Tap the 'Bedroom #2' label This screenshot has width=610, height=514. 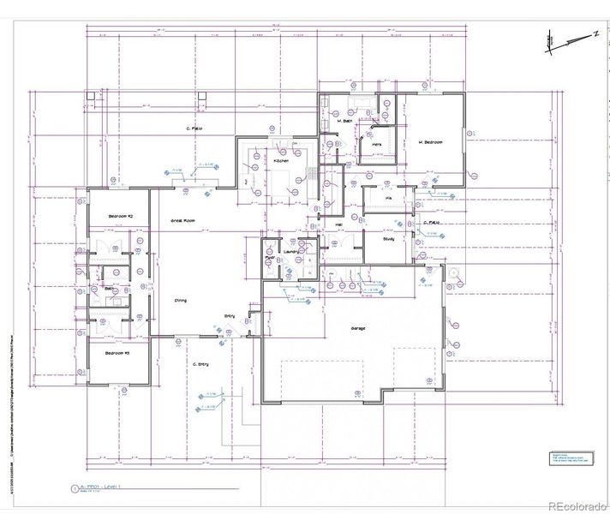[x=117, y=217]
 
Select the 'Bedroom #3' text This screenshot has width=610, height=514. [x=117, y=353]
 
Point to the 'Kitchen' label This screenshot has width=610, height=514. [x=281, y=161]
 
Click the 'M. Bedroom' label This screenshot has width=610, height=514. [x=430, y=142]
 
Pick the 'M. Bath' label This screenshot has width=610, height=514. [x=346, y=121]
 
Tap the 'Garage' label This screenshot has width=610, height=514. [x=359, y=328]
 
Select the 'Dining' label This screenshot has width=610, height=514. [x=181, y=301]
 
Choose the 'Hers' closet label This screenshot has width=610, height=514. [x=376, y=146]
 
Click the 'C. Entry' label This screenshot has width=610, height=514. [x=201, y=364]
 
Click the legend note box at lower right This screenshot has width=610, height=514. [x=570, y=459]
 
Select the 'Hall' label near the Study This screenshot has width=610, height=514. [x=339, y=225]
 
